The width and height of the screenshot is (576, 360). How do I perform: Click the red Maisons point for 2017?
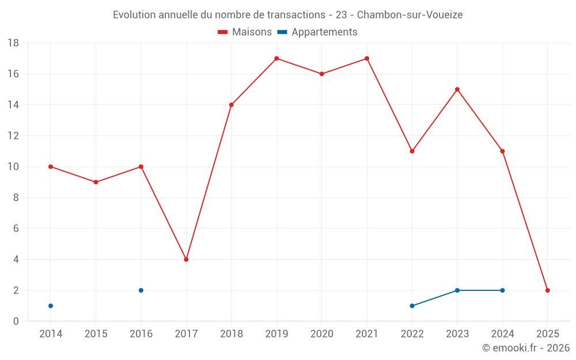click(x=186, y=259)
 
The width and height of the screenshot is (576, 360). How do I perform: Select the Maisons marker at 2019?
click(x=276, y=58)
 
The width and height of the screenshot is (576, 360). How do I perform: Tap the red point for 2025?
click(x=547, y=290)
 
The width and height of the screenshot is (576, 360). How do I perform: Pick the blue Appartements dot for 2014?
click(x=51, y=306)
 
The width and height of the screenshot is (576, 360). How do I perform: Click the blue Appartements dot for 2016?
click(x=141, y=290)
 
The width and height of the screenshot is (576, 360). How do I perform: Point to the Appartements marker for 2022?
click(x=412, y=306)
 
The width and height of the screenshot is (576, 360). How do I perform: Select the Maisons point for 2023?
click(x=457, y=89)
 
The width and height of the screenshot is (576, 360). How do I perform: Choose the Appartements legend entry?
click(x=317, y=32)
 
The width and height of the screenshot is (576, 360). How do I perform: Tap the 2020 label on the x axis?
click(x=321, y=334)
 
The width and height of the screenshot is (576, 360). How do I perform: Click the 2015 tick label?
click(x=96, y=334)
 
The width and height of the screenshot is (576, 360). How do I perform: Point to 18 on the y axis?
click(x=13, y=43)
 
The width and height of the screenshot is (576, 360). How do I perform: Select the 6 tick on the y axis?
click(x=16, y=229)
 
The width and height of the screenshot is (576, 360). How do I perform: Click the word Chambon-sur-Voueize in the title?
click(x=410, y=15)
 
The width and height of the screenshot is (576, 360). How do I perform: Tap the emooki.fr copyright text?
click(x=526, y=348)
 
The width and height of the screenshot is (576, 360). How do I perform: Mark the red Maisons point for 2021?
click(x=367, y=58)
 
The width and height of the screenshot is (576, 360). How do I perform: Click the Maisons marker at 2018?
click(x=232, y=105)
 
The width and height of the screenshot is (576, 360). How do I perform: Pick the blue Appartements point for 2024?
click(x=502, y=290)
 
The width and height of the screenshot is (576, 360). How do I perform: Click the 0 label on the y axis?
click(x=16, y=321)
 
